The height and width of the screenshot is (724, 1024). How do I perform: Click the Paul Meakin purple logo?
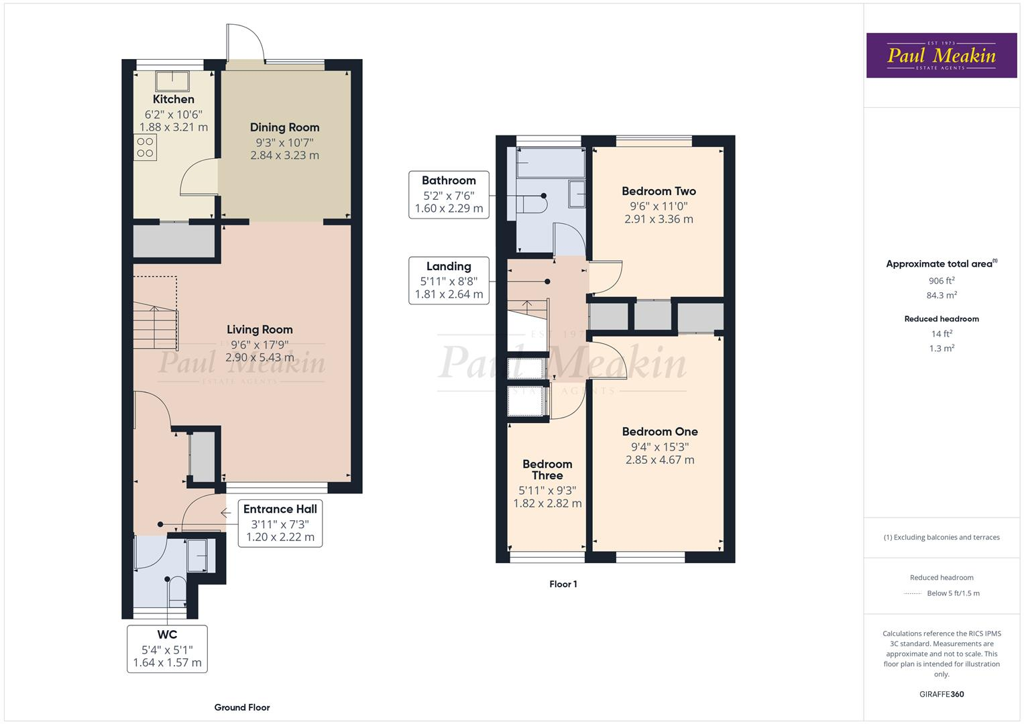tap(941, 56)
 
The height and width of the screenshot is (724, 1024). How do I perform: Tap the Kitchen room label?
tap(174, 99)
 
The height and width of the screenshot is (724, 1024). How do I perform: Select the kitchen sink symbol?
tap(172, 80)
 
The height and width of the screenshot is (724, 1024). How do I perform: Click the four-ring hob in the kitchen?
tap(145, 147)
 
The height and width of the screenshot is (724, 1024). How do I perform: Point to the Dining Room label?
tap(284, 127)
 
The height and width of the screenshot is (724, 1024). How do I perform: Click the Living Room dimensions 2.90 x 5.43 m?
tap(260, 357)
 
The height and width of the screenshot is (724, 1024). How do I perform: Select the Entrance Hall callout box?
tap(280, 523)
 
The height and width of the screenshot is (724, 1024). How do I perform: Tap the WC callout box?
tap(167, 648)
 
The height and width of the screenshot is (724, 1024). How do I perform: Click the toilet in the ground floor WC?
tap(177, 589)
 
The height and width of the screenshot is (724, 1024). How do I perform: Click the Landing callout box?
tap(449, 281)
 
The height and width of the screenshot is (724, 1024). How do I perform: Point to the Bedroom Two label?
tap(659, 191)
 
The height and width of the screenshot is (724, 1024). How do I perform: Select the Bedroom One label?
tap(659, 432)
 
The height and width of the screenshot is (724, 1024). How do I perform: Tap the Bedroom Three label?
tap(547, 470)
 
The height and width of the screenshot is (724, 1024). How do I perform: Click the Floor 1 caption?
tap(563, 584)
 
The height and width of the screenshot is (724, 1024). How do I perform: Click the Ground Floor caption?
tap(241, 707)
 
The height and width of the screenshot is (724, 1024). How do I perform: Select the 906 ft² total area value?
tap(941, 281)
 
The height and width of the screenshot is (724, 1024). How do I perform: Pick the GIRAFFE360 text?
tap(941, 694)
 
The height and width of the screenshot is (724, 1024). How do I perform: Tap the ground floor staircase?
tap(156, 326)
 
